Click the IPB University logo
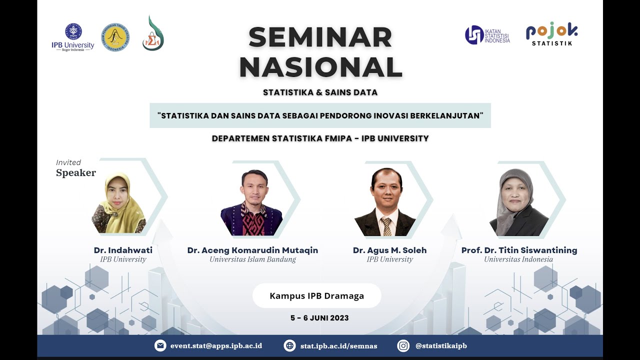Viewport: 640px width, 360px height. tap(73, 37)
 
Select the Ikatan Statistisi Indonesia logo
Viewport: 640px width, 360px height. tap(487, 35)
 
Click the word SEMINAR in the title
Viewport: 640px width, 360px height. tap(320, 37)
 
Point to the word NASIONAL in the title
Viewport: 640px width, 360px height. tap(320, 67)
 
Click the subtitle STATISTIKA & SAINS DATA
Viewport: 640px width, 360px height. tap(320, 92)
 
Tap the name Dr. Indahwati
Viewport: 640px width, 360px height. tap(123, 250)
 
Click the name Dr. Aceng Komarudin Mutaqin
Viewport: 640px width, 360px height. tap(252, 250)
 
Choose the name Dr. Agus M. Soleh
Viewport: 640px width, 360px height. tap(389, 250)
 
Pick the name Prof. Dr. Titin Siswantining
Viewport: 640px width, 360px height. tap(519, 250)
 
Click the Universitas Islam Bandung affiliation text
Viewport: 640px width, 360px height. tap(252, 259)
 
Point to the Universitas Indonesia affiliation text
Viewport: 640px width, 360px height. tap(518, 259)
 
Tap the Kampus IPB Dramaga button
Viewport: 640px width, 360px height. tap(316, 295)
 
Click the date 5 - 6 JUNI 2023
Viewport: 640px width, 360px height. tap(319, 318)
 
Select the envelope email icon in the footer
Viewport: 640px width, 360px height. tap(160, 345)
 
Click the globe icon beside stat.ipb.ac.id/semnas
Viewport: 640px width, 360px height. tap(289, 345)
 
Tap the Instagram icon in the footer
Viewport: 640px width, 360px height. tap(403, 345)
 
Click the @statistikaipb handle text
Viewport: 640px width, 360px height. tap(441, 345)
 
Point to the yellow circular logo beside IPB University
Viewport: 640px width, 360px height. tap(114, 37)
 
